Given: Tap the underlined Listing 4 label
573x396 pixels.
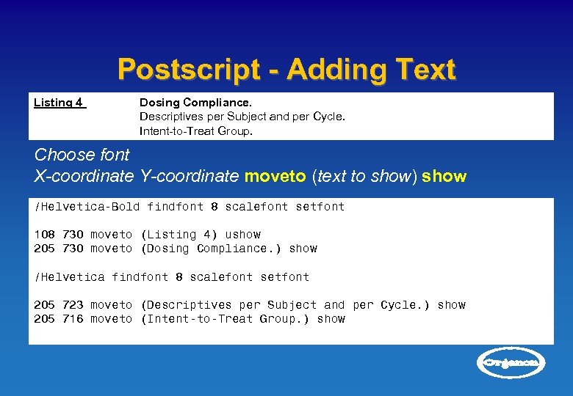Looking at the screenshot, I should [x=60, y=103].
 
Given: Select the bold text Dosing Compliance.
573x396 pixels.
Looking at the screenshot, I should [x=195, y=103].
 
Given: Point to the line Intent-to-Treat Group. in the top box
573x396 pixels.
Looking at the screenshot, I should [x=196, y=131].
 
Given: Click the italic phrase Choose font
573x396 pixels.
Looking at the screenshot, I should [x=82, y=155].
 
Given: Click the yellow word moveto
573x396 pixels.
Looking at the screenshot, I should [x=276, y=177].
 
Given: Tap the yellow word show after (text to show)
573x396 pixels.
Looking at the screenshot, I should [x=444, y=177].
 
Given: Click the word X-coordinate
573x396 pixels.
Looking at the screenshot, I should [x=84, y=177].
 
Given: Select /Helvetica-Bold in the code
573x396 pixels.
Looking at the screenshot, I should [x=87, y=207].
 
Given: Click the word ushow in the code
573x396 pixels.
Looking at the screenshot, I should [x=242, y=235].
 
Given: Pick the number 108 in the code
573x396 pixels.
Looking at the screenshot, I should [x=45, y=235].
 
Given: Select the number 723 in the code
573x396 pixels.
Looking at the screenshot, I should [x=73, y=305].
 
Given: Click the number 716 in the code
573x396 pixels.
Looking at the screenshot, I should [x=73, y=319].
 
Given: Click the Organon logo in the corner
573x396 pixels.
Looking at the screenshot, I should [x=512, y=362].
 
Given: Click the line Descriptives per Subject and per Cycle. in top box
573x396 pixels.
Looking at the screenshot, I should [x=242, y=117].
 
